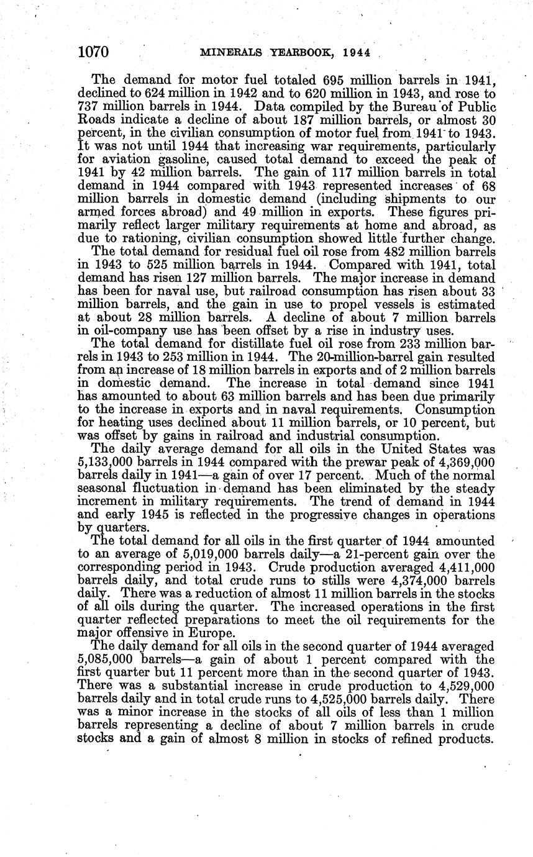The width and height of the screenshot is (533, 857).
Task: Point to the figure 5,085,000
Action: pos(110,660)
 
